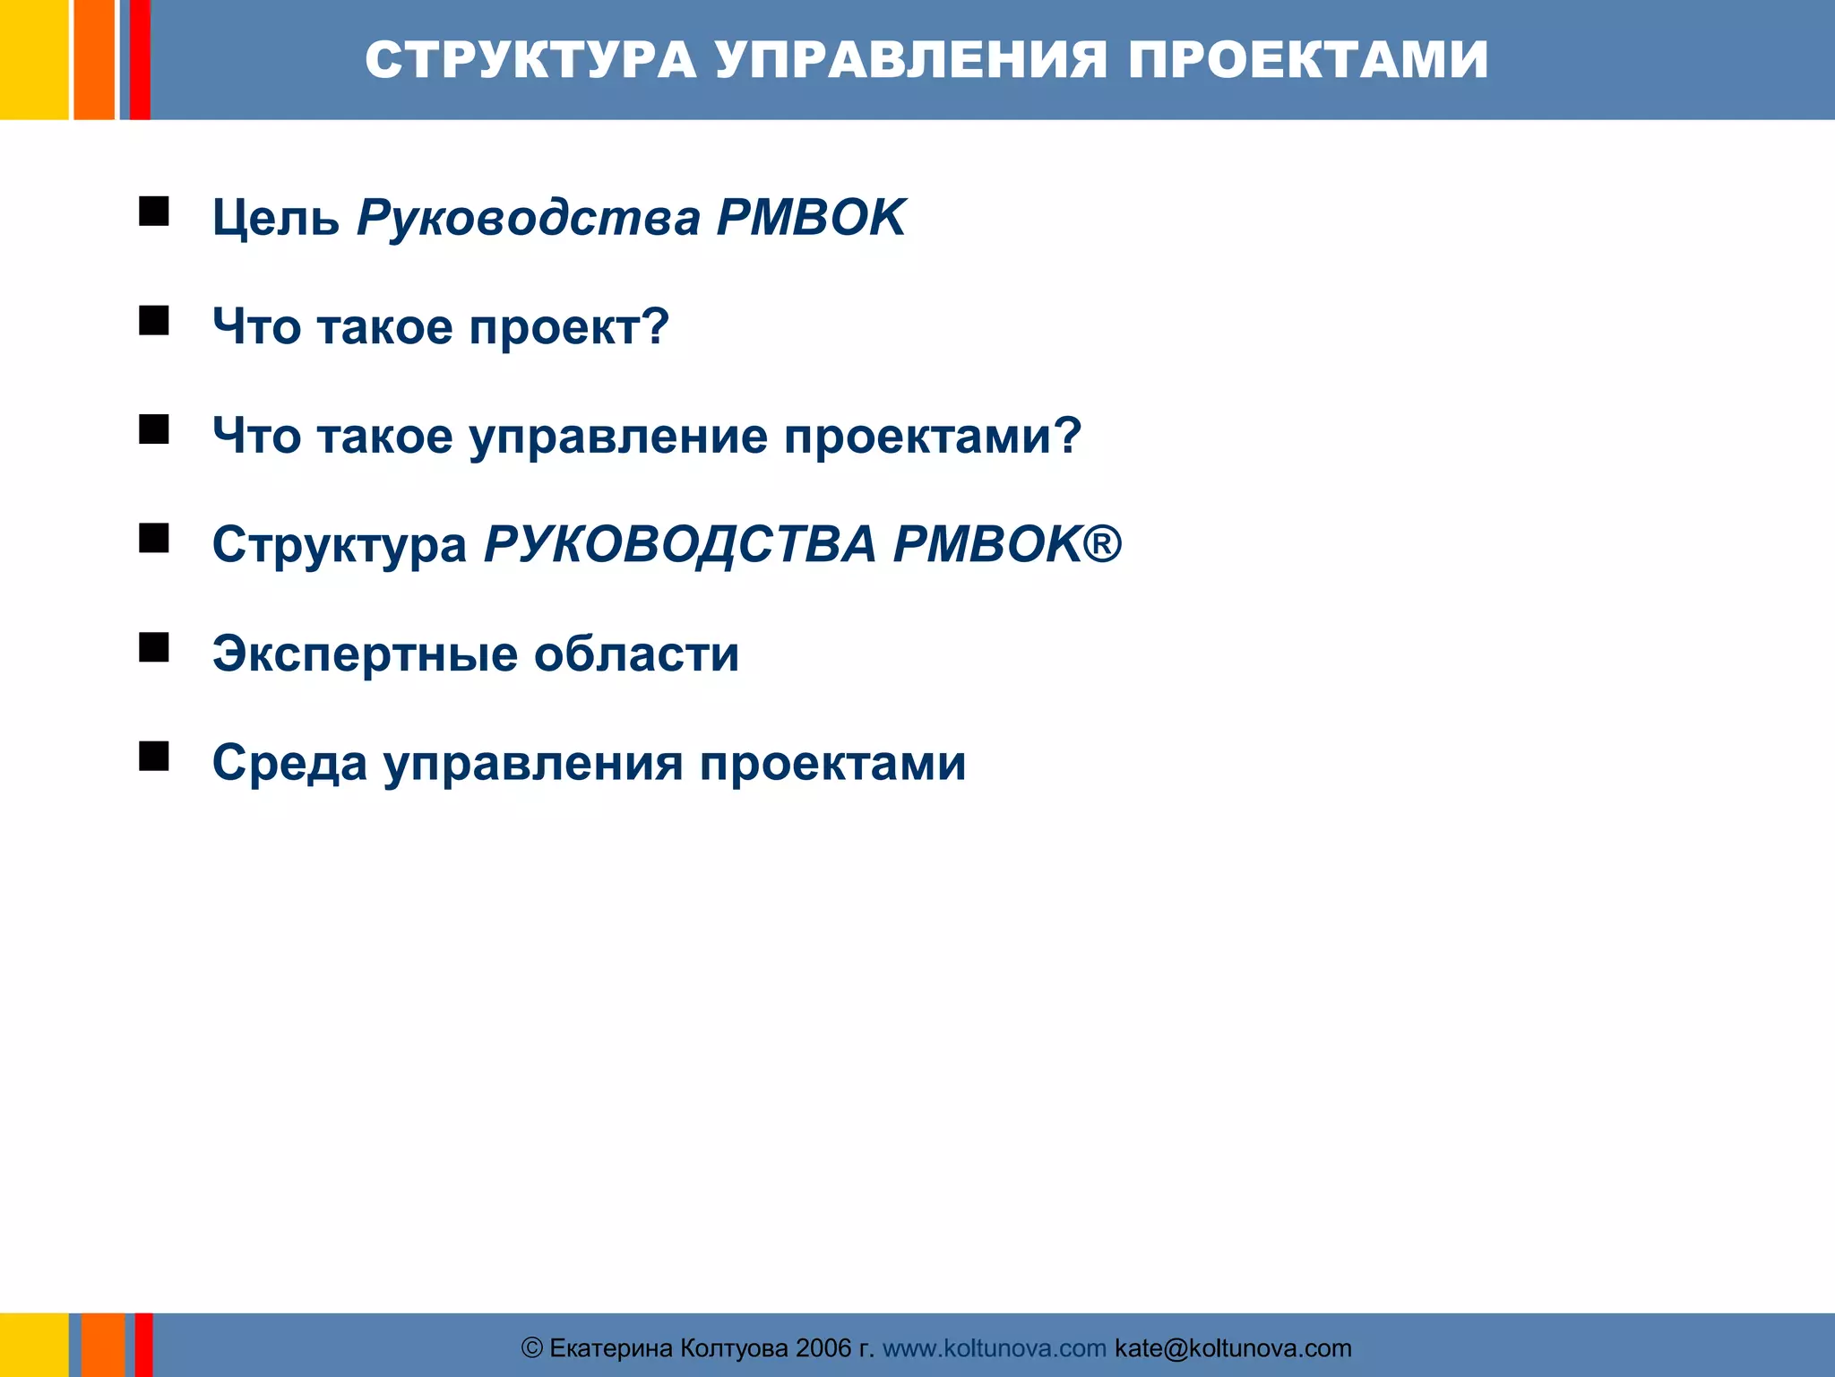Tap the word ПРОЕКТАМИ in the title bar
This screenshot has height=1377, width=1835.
click(x=1307, y=60)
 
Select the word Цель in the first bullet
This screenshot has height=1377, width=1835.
click(x=275, y=218)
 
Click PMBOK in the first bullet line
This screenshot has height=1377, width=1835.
click(x=811, y=218)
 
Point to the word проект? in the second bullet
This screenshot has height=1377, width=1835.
click(x=569, y=326)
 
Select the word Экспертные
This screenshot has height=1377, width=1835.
click(x=364, y=654)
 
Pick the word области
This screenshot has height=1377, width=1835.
click(x=636, y=654)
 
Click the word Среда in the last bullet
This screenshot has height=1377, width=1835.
click(x=289, y=763)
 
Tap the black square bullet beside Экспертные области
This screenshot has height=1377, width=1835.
click(x=154, y=646)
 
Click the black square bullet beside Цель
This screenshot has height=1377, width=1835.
click(x=154, y=212)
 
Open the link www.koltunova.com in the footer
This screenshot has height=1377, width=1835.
click(x=994, y=1348)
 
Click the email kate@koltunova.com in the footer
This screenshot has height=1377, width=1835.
click(x=1232, y=1348)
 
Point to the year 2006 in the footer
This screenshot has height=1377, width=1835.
click(x=823, y=1348)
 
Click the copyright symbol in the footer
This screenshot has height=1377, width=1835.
click(x=531, y=1348)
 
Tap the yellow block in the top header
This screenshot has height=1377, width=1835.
click(x=33, y=59)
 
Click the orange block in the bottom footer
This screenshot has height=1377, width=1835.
click(x=103, y=1345)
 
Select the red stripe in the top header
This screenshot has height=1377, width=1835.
click(x=140, y=59)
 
